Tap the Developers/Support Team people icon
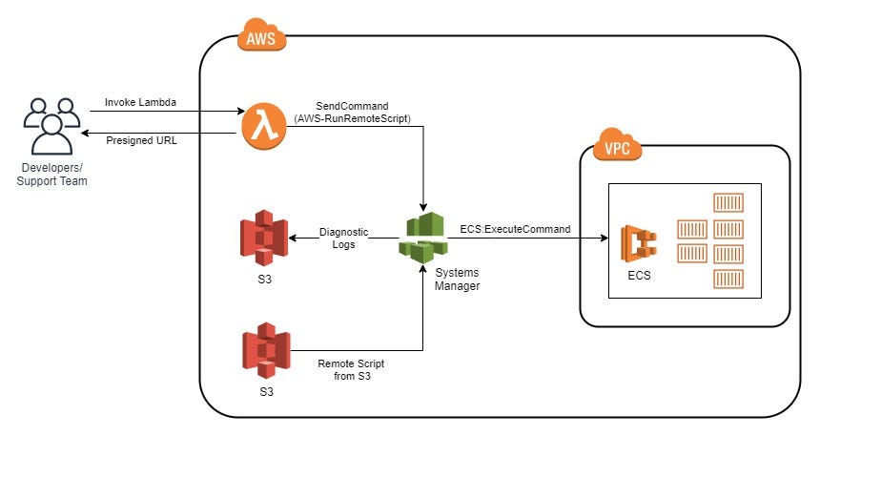(51, 126)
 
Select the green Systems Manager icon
(422, 237)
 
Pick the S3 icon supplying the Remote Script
(266, 350)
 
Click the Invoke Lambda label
(140, 102)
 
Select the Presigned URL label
(140, 140)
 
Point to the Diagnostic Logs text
(343, 238)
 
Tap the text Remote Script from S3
(352, 370)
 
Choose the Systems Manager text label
(457, 280)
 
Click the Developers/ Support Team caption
(51, 175)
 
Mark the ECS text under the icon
(639, 276)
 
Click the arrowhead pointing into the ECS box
(604, 239)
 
